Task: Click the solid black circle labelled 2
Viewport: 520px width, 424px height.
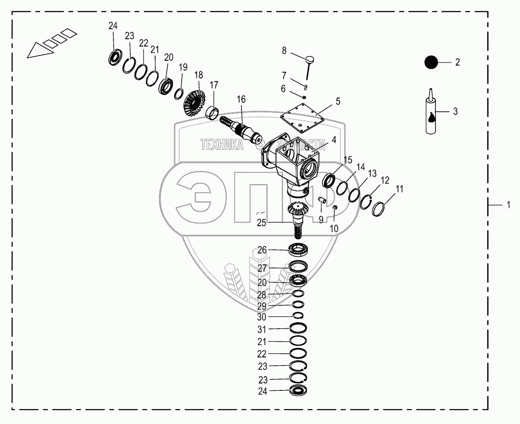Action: pyautogui.click(x=431, y=62)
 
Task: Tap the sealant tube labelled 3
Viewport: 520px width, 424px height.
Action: pyautogui.click(x=432, y=114)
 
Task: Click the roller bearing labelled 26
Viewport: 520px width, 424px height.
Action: pyautogui.click(x=297, y=249)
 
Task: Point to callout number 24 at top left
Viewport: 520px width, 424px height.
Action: pyautogui.click(x=113, y=26)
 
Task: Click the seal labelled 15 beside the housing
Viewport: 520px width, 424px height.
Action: pyautogui.click(x=328, y=180)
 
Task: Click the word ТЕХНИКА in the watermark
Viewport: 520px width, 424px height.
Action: pyautogui.click(x=222, y=145)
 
